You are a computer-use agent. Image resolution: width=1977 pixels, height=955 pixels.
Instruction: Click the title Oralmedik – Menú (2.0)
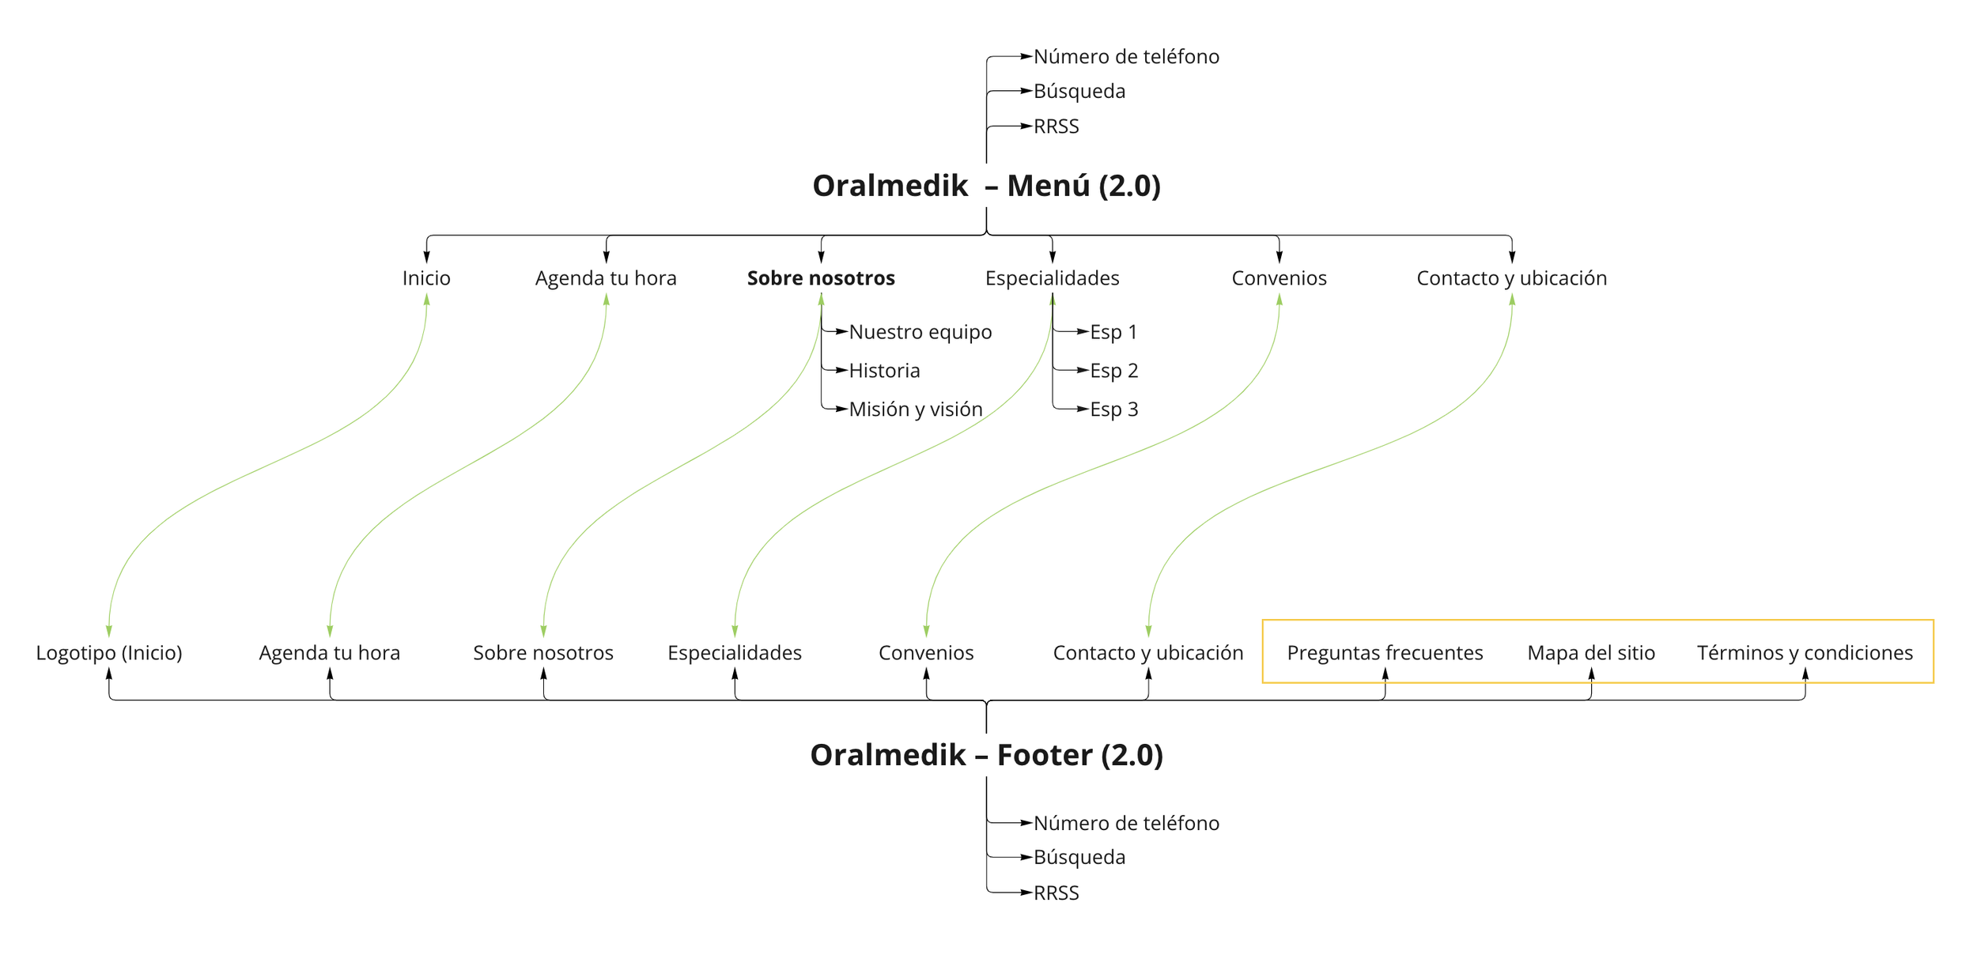986,186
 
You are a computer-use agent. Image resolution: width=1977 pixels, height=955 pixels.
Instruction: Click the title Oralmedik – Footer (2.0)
986,755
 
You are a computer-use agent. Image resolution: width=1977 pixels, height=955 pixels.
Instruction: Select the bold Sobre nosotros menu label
821,278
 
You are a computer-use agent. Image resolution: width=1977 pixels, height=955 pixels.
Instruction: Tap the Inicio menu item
426,278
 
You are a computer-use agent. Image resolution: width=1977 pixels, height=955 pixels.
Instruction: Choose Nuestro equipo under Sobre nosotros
920,332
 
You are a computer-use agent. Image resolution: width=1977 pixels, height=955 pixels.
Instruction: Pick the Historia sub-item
884,371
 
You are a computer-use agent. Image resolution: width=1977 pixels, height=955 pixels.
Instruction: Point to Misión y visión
915,410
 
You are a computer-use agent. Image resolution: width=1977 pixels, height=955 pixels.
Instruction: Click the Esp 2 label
1113,371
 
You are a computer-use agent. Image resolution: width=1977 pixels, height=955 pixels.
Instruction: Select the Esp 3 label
1113,410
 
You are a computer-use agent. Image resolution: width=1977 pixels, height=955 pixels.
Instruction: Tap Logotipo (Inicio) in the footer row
109,653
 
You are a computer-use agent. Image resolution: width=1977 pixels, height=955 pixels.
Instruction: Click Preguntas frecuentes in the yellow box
1385,653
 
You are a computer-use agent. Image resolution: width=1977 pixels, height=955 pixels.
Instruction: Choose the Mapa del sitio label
1591,653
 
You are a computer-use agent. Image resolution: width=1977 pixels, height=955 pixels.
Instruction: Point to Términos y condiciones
1805,653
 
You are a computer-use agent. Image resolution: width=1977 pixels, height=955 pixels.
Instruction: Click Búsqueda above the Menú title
1079,92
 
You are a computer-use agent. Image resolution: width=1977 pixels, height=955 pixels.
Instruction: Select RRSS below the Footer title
1056,893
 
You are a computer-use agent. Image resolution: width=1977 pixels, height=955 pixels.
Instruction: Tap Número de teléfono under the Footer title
1126,824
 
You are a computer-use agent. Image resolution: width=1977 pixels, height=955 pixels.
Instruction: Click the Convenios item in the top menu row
1279,278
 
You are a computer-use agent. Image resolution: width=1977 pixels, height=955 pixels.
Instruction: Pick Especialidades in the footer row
735,653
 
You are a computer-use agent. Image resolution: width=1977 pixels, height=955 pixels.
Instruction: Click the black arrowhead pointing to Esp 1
1083,332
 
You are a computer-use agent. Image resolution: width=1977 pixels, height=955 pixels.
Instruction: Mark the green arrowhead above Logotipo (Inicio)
109,631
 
